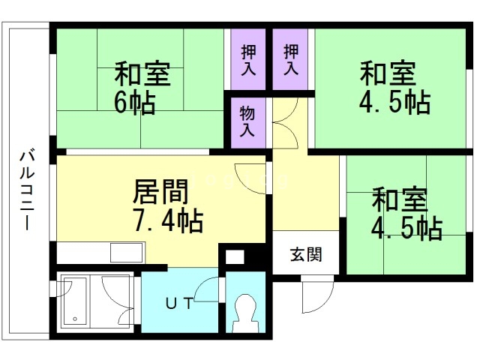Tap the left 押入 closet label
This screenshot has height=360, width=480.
coord(248,60)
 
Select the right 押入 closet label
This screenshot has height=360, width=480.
coord(291,60)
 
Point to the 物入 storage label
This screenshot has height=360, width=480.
coord(248,122)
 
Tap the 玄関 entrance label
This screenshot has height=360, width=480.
coord(306,254)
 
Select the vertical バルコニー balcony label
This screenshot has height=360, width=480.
coord(25,190)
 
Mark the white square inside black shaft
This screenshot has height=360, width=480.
coord(234,257)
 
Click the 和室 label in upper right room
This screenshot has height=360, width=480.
coord(387,75)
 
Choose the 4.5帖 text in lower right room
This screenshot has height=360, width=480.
coord(406,227)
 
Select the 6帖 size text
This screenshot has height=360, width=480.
coord(134,102)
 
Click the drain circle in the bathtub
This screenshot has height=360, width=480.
coord(76,320)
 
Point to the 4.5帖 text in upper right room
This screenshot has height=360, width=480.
coord(394,102)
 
